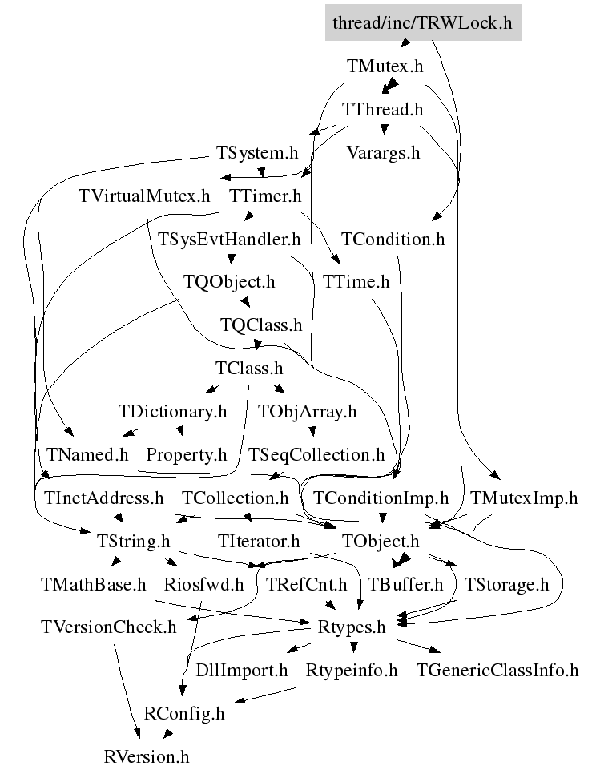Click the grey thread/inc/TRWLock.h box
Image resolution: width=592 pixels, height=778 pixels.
pos(423,22)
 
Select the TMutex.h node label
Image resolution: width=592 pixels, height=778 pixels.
pos(385,66)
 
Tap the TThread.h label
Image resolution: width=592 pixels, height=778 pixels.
pos(383,109)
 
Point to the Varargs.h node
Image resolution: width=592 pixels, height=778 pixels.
pos(383,152)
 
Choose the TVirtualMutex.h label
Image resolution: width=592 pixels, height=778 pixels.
pos(144,196)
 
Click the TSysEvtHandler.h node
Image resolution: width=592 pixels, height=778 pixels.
pos(229,239)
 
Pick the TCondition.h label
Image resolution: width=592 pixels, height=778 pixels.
pos(393,239)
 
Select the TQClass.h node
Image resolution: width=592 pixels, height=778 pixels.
pos(261,325)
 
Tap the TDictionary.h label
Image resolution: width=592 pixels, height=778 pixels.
pos(173,411)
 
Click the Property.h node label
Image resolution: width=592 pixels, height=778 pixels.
pos(187,454)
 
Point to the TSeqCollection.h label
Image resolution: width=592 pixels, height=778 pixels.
pos(316,454)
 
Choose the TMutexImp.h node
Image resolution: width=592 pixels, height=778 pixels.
pos(524,498)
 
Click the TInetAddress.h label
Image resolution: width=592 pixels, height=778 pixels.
pos(103,498)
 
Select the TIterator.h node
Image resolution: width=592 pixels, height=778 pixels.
pos(259,541)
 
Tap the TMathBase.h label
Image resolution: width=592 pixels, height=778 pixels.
pos(94,584)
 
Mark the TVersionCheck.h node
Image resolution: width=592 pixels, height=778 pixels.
pos(109,627)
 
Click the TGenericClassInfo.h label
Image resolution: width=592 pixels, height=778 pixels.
pos(497,671)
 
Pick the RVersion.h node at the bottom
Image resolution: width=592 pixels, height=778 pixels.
pos(147,756)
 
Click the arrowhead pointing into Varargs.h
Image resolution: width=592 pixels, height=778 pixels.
pos(384,130)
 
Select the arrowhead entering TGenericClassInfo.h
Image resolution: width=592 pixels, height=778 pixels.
pos(435,650)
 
